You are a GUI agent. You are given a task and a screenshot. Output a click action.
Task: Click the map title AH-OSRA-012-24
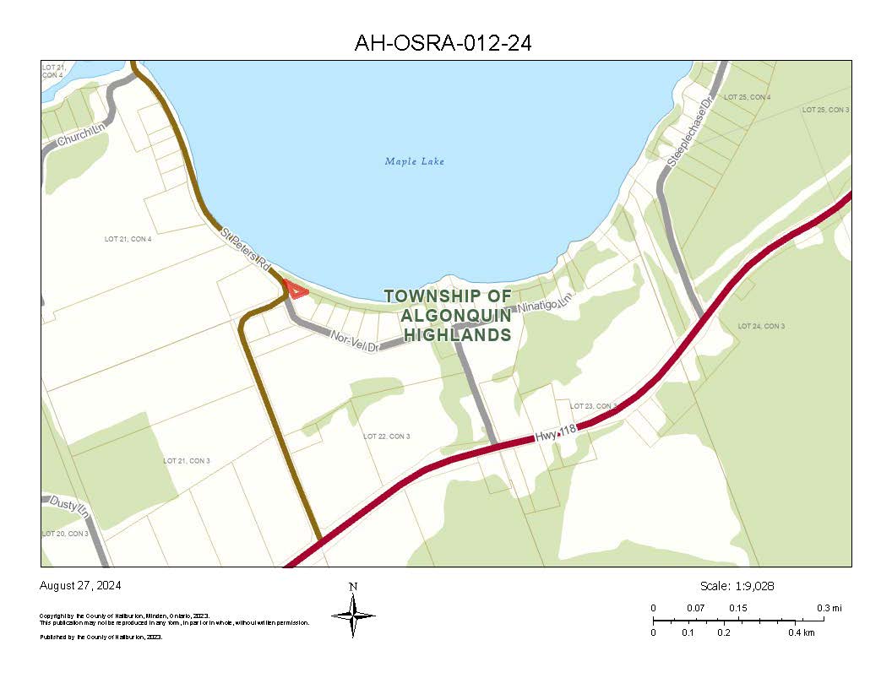click(x=443, y=43)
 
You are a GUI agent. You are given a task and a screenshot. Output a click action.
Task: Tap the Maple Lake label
click(x=414, y=161)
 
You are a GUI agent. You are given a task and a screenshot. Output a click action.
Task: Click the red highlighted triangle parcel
click(x=296, y=290)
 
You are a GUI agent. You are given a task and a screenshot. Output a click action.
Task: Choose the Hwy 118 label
click(x=556, y=433)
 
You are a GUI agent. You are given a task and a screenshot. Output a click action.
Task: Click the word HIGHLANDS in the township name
click(x=457, y=335)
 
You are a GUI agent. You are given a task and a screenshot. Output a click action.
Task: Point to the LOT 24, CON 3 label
click(x=761, y=326)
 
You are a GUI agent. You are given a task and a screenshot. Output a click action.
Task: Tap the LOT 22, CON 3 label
click(x=386, y=437)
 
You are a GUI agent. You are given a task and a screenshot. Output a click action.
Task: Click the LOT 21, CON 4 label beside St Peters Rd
click(x=128, y=240)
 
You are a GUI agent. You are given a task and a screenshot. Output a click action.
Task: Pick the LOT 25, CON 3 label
click(x=825, y=111)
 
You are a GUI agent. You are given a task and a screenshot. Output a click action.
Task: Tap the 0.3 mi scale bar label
click(x=829, y=608)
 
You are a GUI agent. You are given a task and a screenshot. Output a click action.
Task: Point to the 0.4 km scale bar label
click(x=802, y=632)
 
